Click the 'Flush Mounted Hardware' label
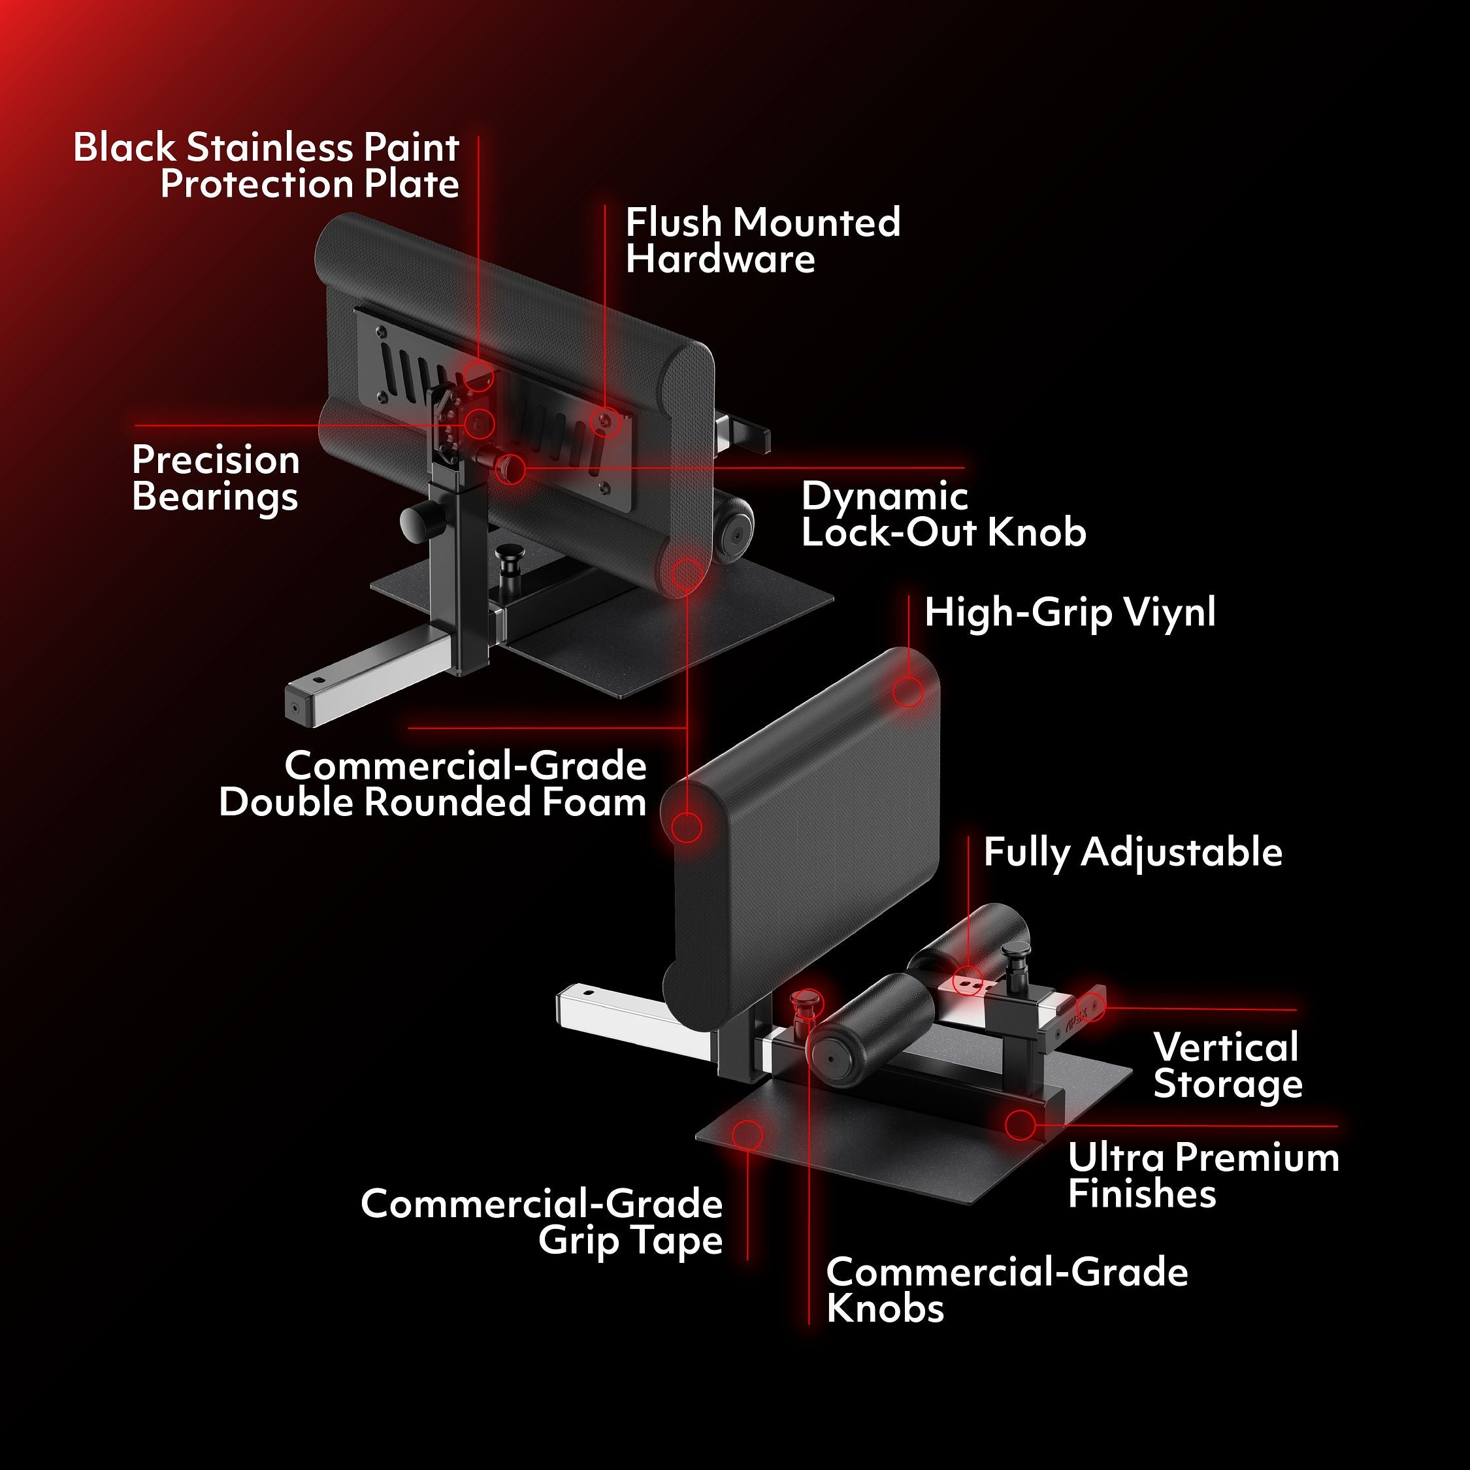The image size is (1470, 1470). point(762,240)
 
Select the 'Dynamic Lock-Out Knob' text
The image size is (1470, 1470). point(943,514)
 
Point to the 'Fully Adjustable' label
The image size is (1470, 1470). point(1133,851)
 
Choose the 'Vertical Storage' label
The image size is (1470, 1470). point(1227,1065)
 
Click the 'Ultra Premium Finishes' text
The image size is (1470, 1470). point(1203,1175)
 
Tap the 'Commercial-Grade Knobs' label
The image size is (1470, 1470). point(1007,1290)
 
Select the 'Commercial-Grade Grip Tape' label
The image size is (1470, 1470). point(542,1222)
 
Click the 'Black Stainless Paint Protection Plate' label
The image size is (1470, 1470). point(267,166)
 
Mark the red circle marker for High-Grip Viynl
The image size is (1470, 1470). point(907,692)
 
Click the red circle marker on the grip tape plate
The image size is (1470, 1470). point(747,1134)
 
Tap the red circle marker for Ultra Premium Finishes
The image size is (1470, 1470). point(1021,1124)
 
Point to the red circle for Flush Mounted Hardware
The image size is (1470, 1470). point(605,420)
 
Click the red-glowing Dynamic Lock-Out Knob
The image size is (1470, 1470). point(510,466)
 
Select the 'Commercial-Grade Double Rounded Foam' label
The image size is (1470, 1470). point(432,784)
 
